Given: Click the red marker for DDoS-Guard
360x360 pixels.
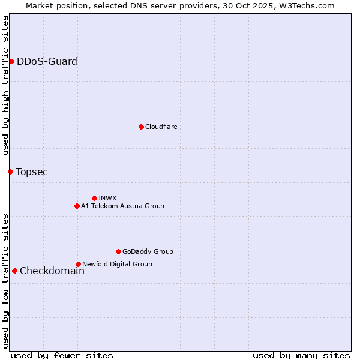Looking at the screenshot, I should point(11,61).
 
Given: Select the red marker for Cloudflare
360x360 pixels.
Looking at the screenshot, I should point(141,127).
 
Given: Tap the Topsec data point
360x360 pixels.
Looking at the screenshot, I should point(10,172).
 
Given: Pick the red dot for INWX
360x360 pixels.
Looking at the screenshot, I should point(94,198).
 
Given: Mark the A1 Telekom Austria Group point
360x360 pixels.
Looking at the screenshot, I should point(77,206).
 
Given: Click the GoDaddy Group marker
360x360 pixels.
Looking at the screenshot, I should point(118,251).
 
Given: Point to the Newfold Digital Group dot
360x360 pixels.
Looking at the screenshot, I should point(78,264).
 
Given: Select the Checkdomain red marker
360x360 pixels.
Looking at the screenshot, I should point(14,271).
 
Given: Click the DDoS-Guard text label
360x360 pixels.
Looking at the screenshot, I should point(47,61).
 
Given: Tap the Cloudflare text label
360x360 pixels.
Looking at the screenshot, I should point(161,127).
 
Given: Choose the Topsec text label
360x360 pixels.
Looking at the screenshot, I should point(32,172).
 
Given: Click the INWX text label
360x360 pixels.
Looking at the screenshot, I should point(107,198).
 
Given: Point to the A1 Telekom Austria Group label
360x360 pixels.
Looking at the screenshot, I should point(122,206).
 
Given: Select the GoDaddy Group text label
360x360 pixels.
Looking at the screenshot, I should point(148,251).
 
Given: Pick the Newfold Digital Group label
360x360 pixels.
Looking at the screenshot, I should point(117,264).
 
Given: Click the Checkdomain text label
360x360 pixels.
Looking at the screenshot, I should point(52,271).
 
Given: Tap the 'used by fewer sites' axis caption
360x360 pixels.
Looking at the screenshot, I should point(62,355).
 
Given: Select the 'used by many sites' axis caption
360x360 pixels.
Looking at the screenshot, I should point(301,355).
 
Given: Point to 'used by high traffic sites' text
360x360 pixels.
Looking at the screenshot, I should point(5,86).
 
